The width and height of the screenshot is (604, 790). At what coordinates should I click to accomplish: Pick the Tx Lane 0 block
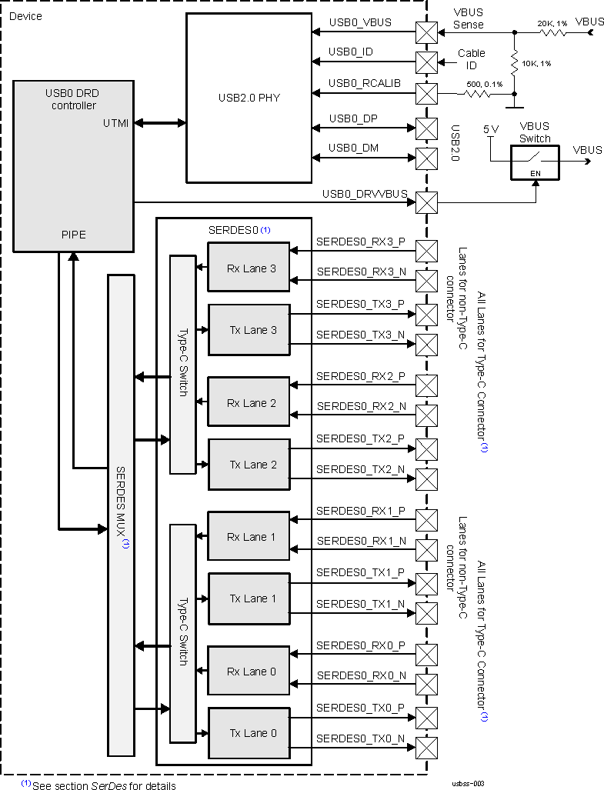[249, 733]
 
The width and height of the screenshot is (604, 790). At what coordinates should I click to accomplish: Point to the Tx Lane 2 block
[249, 465]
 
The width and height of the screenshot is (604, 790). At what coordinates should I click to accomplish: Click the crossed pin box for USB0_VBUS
[425, 32]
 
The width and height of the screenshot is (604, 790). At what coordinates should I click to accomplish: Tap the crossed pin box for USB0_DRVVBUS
[425, 203]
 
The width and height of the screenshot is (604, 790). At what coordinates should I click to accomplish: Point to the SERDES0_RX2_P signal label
[360, 376]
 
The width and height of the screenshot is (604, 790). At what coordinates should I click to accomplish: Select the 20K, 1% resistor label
[552, 24]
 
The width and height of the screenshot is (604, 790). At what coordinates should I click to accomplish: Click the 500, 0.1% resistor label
[483, 84]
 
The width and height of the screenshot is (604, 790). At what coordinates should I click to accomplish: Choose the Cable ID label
[471, 58]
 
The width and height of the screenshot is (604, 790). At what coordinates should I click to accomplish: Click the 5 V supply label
[490, 129]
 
